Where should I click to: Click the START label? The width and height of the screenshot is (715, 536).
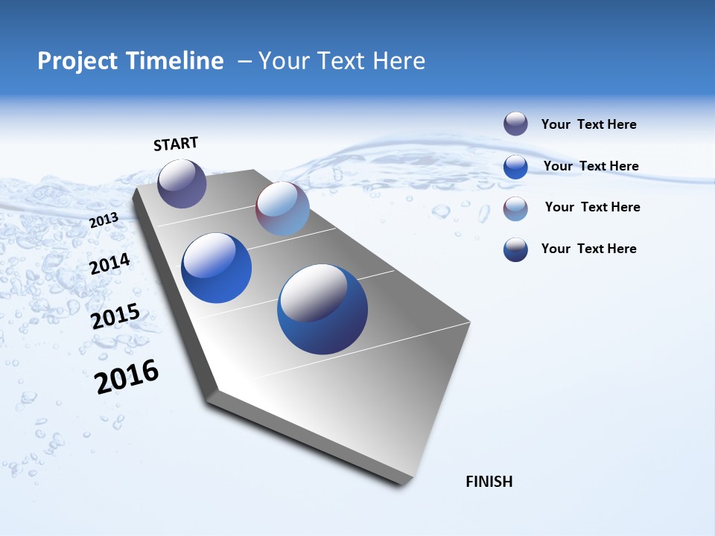click(x=176, y=143)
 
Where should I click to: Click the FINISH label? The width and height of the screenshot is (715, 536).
click(x=489, y=482)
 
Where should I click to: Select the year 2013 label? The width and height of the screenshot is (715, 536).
click(x=104, y=220)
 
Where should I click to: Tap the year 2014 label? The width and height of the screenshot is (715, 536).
click(x=109, y=264)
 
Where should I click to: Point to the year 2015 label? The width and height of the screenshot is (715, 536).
click(x=115, y=316)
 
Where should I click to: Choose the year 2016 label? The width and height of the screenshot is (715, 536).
click(x=127, y=376)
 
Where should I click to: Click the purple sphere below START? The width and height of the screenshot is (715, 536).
click(x=182, y=183)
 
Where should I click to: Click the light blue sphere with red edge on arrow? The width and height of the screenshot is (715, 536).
click(x=282, y=208)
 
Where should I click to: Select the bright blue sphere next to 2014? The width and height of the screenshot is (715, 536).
click(x=216, y=268)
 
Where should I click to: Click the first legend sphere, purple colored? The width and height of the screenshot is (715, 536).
click(x=515, y=124)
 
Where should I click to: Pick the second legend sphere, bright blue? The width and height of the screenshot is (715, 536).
click(x=515, y=167)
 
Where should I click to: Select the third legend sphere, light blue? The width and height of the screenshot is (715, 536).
click(x=515, y=208)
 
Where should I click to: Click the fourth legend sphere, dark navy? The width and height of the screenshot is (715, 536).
click(x=515, y=249)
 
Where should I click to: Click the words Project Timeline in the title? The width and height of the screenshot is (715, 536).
click(x=130, y=61)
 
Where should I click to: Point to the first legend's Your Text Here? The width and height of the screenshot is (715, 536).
click(x=588, y=124)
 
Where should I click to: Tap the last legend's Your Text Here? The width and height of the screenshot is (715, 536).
click(x=588, y=249)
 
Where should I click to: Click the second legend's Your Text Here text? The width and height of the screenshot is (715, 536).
click(x=591, y=166)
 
